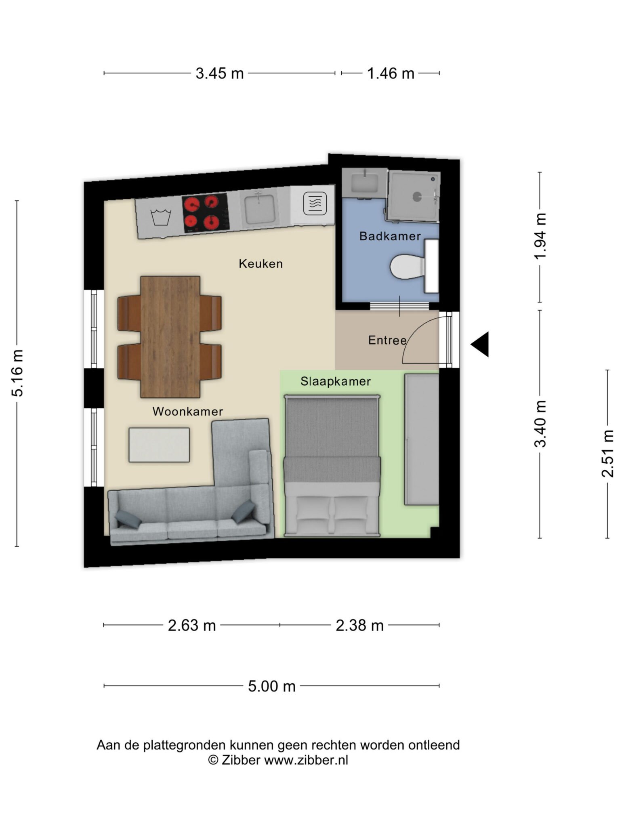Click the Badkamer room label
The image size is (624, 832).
pos(390,236)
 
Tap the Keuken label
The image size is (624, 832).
pos(261,264)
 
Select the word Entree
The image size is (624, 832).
pos(387,340)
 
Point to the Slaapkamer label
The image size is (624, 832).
pos(335,381)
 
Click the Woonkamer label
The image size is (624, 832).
pos(187,411)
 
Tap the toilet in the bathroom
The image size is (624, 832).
pos(408,267)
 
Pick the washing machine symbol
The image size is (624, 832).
pos(161,216)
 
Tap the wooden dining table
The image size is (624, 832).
pos(170,337)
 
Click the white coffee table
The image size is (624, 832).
pos(159,445)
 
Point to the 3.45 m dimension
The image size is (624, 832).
pos(220,74)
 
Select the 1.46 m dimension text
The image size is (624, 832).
pos(391,74)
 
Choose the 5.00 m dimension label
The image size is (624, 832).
pos(272,686)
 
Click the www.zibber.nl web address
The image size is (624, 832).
pos(306,760)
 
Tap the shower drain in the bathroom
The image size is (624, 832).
pos(417,196)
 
